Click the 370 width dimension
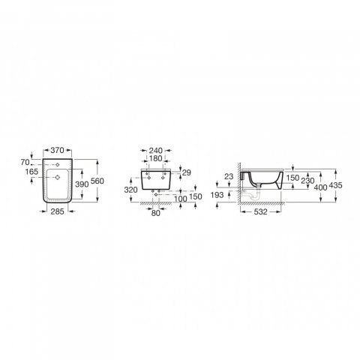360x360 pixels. (58, 151)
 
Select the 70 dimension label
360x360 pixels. (25, 163)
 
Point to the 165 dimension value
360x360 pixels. (31, 172)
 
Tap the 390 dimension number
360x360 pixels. (82, 184)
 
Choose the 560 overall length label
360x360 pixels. (97, 181)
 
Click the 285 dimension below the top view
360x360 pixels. (58, 211)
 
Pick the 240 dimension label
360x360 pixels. (156, 151)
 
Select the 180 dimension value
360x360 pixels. (155, 158)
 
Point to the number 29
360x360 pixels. (187, 172)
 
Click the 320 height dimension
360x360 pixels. (130, 190)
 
